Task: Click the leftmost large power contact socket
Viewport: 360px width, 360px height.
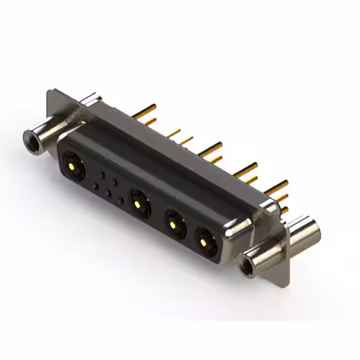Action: point(74,166)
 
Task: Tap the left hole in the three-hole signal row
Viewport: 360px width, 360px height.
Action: point(96,186)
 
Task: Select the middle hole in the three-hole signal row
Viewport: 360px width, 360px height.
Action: point(109,193)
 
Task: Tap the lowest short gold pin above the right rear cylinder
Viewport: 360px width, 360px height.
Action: point(285,210)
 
